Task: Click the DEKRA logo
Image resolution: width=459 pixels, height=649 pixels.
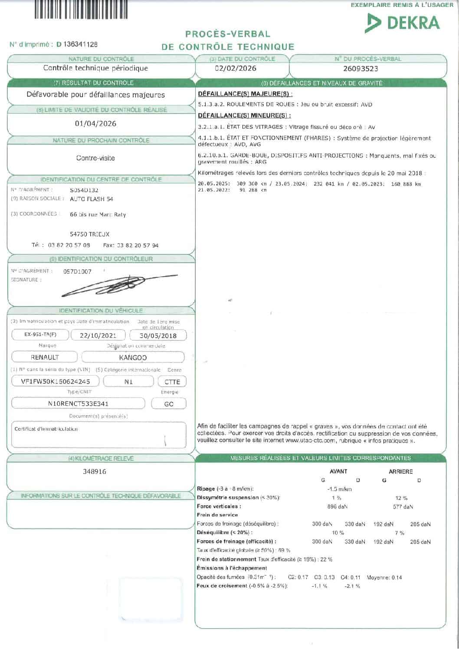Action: point(402,23)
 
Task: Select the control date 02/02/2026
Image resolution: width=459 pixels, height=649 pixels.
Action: point(236,68)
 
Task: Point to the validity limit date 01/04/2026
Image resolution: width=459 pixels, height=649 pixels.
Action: point(95,124)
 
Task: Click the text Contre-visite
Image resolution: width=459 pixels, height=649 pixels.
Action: point(95,158)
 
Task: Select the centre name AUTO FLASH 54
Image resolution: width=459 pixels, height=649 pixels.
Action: point(92,199)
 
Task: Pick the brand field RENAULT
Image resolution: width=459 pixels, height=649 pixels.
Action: point(45,358)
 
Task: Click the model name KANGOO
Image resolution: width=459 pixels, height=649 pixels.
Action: point(133,358)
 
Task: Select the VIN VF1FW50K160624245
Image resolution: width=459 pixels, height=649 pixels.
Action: point(56,382)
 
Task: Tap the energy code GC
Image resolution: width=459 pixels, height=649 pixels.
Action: point(169,404)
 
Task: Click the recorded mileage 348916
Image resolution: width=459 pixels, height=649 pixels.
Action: point(95,471)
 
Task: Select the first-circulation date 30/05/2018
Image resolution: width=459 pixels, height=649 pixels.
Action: point(158,336)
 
